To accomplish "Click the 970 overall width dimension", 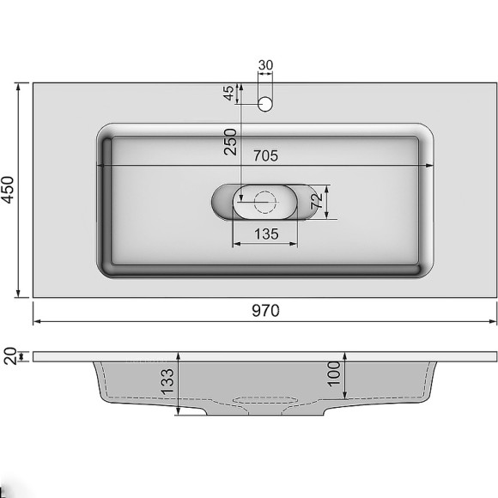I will (265, 311).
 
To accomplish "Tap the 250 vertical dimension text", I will (230, 142).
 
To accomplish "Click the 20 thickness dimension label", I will (9, 355).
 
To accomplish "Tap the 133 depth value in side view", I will (167, 380).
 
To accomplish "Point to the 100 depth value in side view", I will (334, 372).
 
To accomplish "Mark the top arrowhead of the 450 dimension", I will (19, 87).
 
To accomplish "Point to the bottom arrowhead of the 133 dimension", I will (178, 413).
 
